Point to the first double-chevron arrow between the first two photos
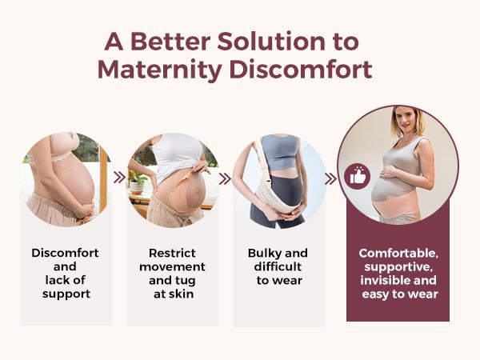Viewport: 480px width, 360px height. click(118, 178)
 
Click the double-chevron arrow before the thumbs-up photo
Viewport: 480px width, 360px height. click(330, 178)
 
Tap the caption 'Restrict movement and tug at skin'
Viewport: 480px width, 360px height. click(172, 272)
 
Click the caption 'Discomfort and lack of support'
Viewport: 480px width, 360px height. click(66, 272)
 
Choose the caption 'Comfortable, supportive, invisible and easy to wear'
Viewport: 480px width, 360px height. click(398, 272)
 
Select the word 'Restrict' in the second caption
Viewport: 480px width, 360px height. click(172, 253)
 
